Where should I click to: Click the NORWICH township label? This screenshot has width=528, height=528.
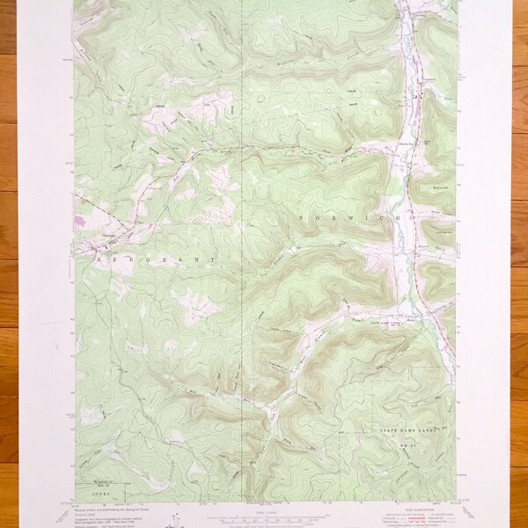pyautogui.click(x=353, y=215)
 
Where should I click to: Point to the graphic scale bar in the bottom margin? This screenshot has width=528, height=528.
pyautogui.click(x=264, y=517)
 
